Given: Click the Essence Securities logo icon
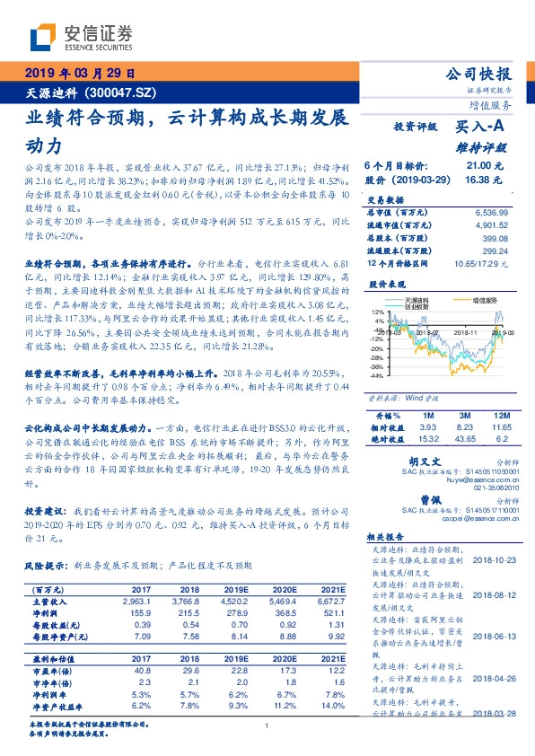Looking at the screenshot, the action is [x=44, y=38].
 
